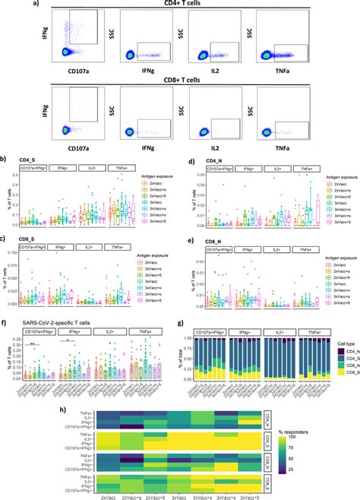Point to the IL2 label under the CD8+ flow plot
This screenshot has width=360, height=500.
point(213,144)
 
